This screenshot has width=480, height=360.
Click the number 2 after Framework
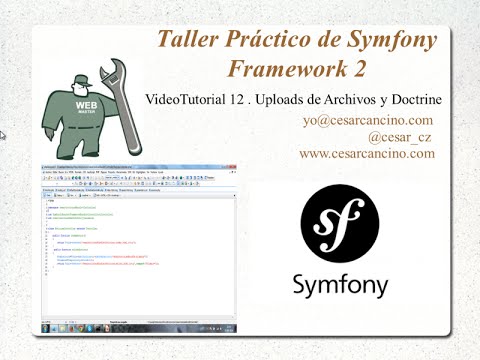click(357, 69)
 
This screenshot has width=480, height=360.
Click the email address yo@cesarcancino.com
click(368, 120)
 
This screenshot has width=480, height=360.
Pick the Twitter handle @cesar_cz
click(401, 137)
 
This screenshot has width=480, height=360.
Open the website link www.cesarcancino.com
click(367, 154)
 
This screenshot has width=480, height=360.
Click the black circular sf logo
click(339, 225)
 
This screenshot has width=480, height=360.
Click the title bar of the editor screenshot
click(139, 163)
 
